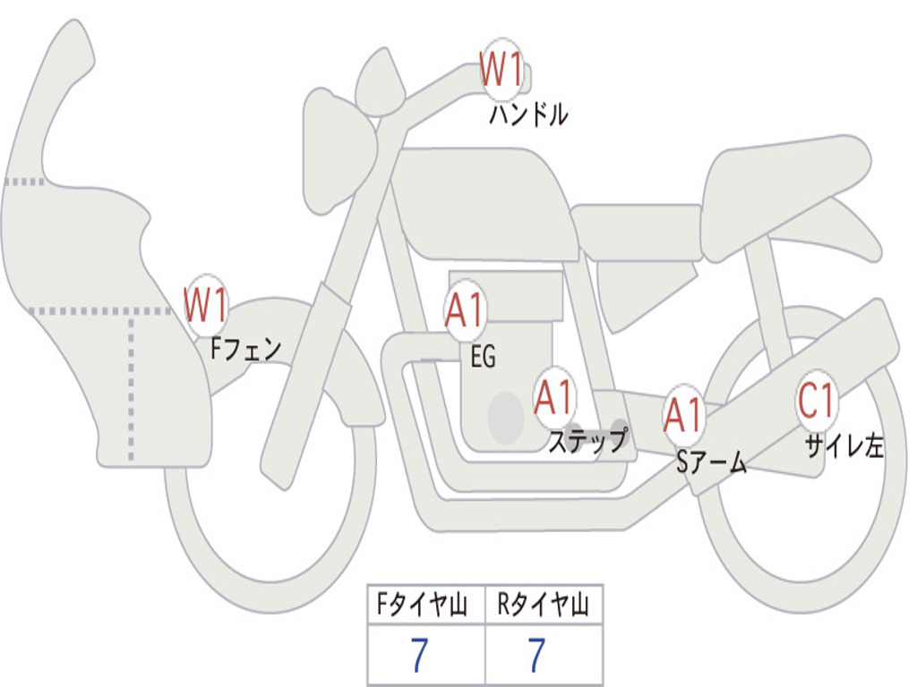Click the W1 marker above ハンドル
[501, 70]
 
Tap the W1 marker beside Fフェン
[206, 306]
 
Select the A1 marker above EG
[465, 312]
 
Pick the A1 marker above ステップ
[554, 398]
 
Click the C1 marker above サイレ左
[817, 403]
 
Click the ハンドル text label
[528, 114]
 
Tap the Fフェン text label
[246, 348]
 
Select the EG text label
[483, 357]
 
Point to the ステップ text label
[587, 441]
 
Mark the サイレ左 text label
[844, 445]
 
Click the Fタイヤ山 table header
[425, 606]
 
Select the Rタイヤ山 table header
[544, 606]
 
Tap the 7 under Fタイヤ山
[418, 657]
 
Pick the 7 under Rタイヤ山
[536, 657]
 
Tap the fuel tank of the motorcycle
[484, 201]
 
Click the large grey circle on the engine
[506, 415]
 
